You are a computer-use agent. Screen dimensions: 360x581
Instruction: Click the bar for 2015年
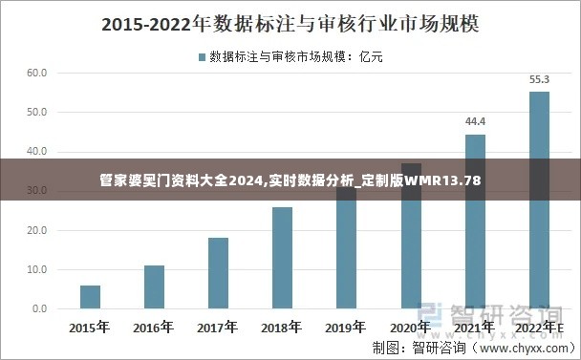[x=90, y=297]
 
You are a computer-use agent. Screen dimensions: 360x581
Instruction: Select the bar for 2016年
[x=154, y=287]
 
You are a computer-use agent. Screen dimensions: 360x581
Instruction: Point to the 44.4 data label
[x=475, y=121]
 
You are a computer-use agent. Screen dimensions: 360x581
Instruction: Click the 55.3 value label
[x=539, y=79]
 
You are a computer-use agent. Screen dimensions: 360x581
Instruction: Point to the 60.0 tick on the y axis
[x=37, y=73]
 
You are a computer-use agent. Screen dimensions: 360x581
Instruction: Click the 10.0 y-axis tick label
[x=37, y=270]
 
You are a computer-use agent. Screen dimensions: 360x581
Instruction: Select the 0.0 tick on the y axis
[x=39, y=309]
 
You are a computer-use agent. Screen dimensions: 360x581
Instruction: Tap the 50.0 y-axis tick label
[x=37, y=113]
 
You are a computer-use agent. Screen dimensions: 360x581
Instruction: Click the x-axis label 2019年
[x=346, y=328]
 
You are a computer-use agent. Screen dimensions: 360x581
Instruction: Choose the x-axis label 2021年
[x=475, y=328]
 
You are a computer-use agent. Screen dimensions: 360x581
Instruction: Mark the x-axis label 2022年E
[x=539, y=328]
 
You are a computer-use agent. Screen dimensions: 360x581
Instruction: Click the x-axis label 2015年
[x=90, y=328]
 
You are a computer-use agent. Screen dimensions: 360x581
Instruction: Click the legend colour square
[x=202, y=57]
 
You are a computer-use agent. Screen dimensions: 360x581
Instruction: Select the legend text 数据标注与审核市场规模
[x=278, y=57]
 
